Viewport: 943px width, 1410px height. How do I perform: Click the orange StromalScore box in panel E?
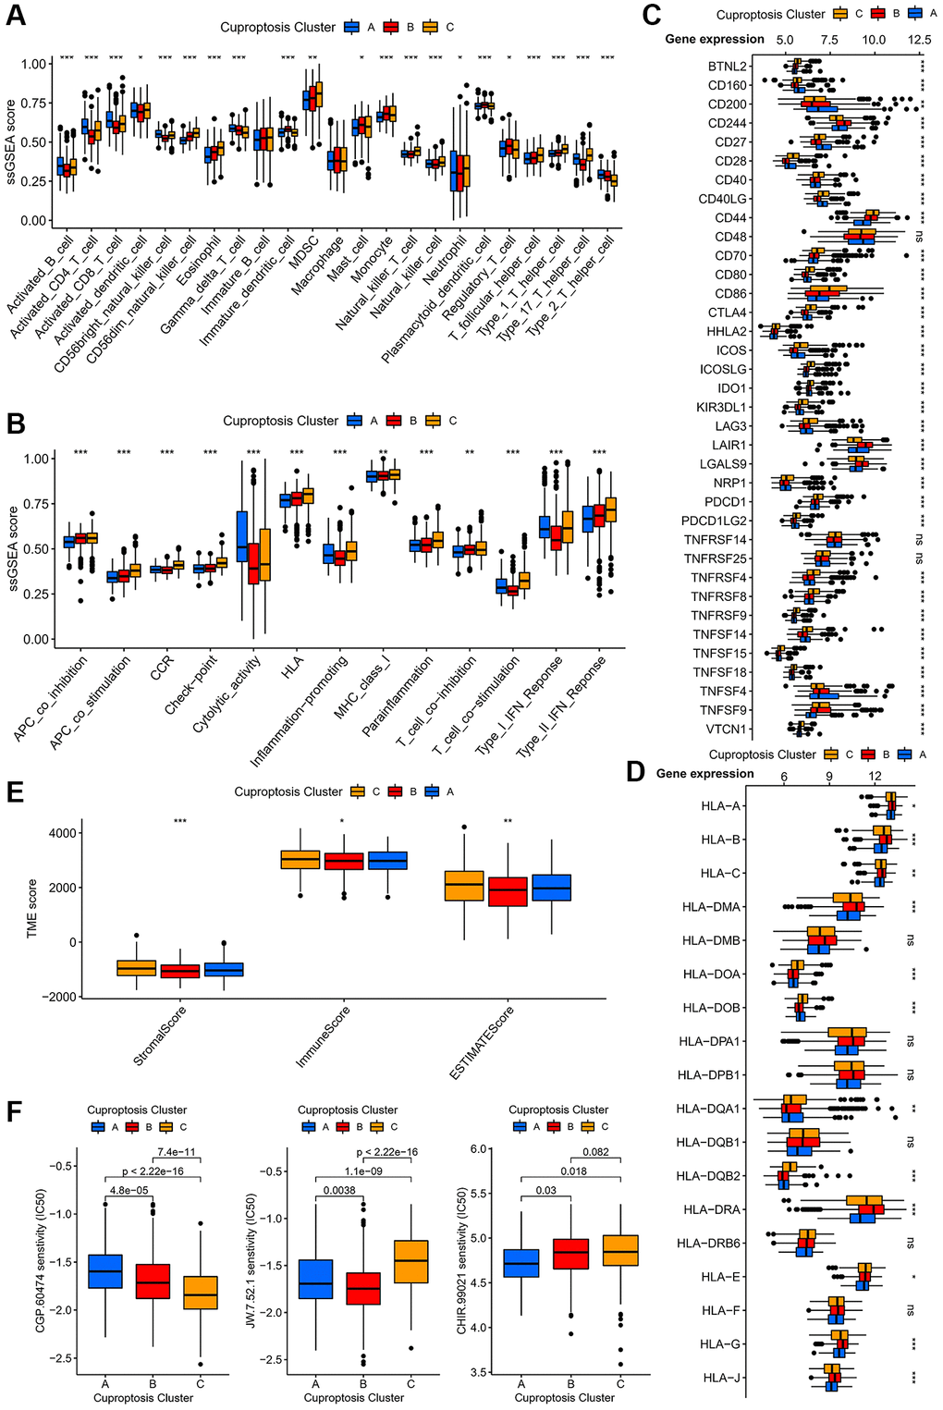pyautogui.click(x=136, y=967)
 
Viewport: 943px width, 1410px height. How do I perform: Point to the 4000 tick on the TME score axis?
pyautogui.click(x=63, y=833)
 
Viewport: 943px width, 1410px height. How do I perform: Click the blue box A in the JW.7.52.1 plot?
pyautogui.click(x=316, y=1279)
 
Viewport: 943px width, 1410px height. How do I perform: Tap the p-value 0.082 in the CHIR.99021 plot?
pyautogui.click(x=595, y=1153)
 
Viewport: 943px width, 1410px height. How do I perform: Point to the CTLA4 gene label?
pyautogui.click(x=728, y=313)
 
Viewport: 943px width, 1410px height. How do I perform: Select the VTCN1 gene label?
pyautogui.click(x=727, y=730)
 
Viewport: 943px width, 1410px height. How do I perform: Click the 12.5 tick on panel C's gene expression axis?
pyautogui.click(x=918, y=41)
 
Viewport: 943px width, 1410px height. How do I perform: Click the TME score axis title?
pyautogui.click(x=32, y=909)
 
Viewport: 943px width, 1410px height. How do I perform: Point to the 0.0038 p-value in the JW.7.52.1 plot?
pyautogui.click(x=339, y=1190)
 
